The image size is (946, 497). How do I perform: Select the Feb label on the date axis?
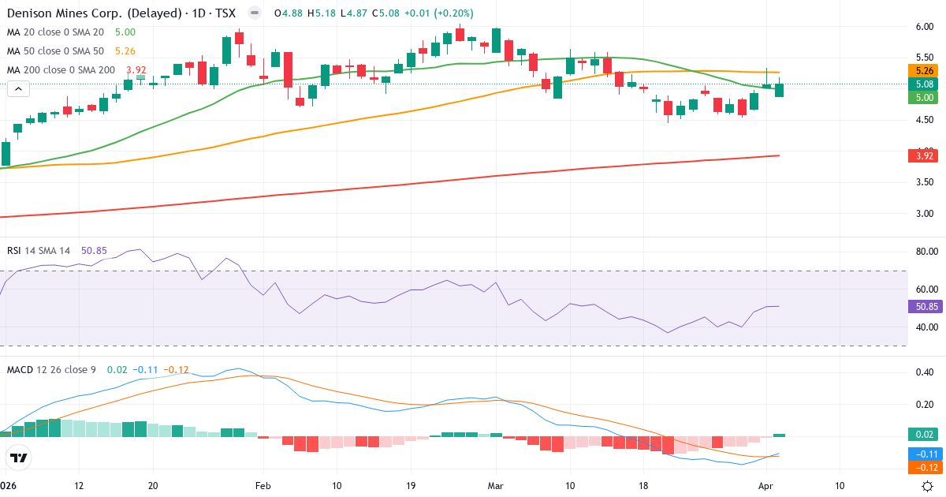tap(263, 486)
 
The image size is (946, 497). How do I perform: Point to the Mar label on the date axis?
tap(496, 486)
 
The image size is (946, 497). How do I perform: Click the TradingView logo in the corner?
tap(19, 457)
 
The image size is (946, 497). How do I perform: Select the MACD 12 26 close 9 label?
tap(51, 369)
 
